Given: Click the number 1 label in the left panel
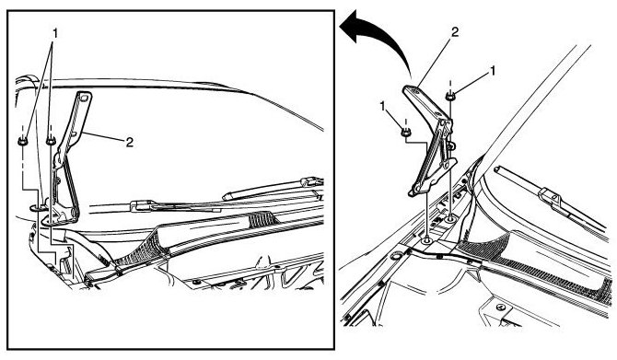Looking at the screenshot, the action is tap(55, 33).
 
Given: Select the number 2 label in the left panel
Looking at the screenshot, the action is tap(130, 142).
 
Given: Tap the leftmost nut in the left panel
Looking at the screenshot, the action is tap(23, 141).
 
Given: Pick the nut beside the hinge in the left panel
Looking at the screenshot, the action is tap(51, 140).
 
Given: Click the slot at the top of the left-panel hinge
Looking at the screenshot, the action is tap(82, 97).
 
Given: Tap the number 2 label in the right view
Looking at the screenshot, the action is tap(455, 32).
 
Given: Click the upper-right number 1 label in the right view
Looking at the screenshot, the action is tap(492, 71).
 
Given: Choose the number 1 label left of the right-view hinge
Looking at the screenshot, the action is tap(382, 106).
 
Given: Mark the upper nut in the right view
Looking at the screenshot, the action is tap(449, 96).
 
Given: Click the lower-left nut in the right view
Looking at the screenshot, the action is tap(406, 133).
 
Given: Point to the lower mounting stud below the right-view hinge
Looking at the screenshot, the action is tap(427, 239).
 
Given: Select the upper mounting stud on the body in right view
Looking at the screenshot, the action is tap(449, 217).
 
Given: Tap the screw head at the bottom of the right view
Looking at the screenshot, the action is tap(501, 307).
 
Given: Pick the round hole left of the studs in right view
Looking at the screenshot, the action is tap(396, 257).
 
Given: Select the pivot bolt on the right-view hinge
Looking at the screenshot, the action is tap(452, 146).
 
